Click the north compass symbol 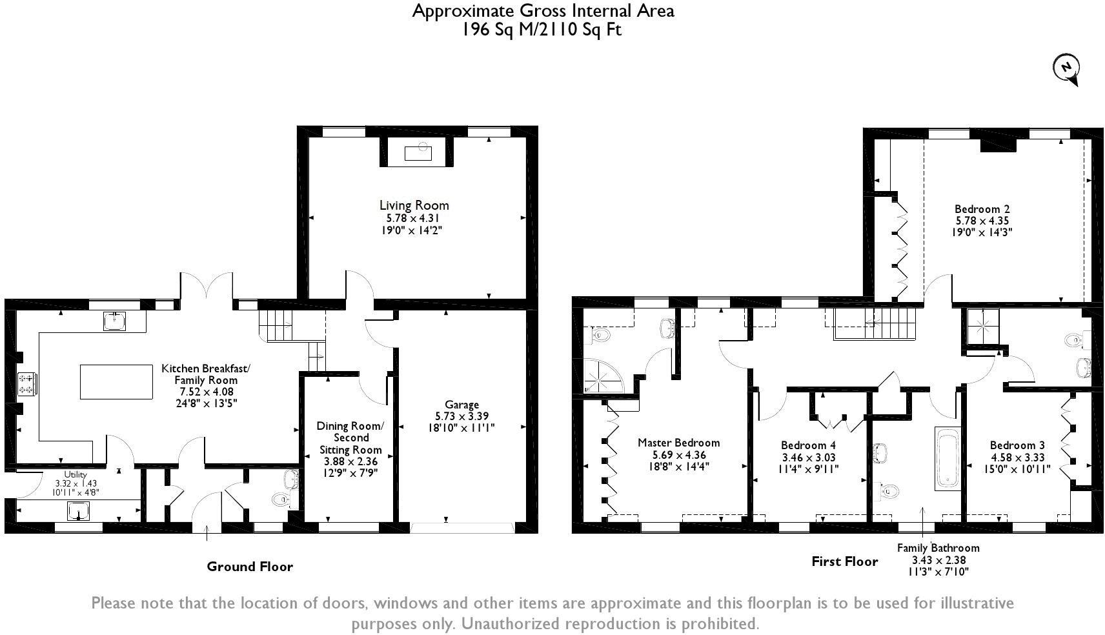[x=1067, y=68]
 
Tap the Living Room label [x=414, y=205]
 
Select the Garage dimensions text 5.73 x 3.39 [x=461, y=416]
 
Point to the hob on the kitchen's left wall [x=27, y=384]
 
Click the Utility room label [x=75, y=474]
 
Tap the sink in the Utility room [x=79, y=511]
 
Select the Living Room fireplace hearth [x=417, y=153]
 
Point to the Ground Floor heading [x=250, y=567]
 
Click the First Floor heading [x=844, y=561]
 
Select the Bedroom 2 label [x=982, y=209]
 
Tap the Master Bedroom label [x=678, y=443]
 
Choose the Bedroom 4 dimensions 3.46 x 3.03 [x=808, y=458]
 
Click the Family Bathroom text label [x=938, y=548]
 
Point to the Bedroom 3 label [x=1017, y=445]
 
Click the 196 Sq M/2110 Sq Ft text [x=542, y=30]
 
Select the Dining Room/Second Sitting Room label [x=350, y=438]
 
